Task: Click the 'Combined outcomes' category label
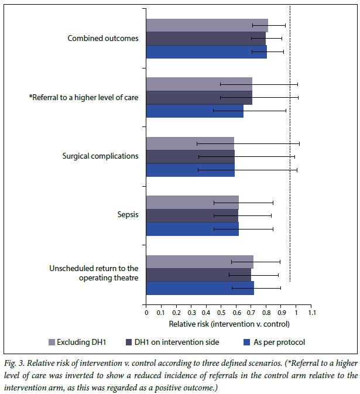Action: (103, 39)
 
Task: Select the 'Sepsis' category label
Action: (127, 215)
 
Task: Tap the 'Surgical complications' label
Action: (100, 156)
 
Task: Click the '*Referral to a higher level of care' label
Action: (83, 98)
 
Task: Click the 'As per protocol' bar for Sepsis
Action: (192, 229)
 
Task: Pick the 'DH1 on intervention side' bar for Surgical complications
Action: (190, 156)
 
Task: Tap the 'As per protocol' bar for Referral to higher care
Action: (194, 111)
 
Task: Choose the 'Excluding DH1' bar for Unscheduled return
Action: (199, 262)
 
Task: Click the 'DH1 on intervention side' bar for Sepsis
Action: (192, 215)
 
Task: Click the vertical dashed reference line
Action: (290, 146)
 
